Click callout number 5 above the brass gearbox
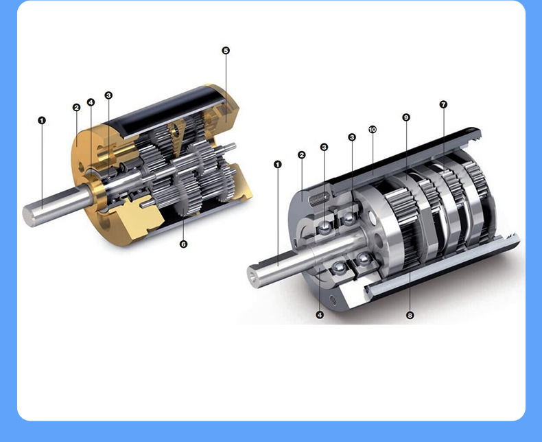pos(226,51)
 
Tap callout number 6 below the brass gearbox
pos(184,244)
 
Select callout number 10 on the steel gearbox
pos(373,129)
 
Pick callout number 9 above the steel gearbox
pos(406,117)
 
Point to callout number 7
pos(443,104)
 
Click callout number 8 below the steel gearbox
pos(410,315)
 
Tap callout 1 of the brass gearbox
pos(42,120)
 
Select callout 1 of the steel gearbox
pos(278,164)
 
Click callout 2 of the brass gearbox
pos(76,108)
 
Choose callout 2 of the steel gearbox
pos(301,155)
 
